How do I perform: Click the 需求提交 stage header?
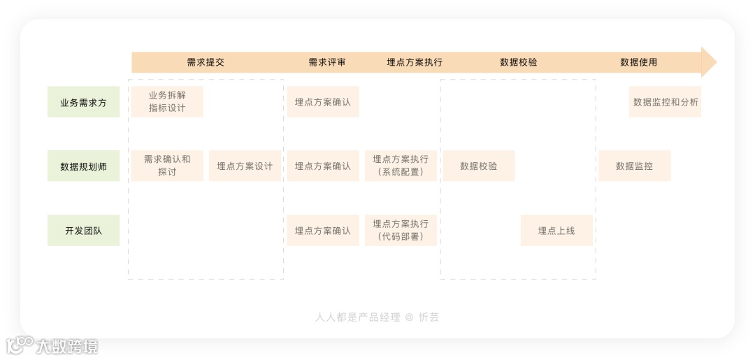tap(206, 62)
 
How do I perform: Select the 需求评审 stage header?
tap(327, 62)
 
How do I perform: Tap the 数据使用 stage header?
tap(639, 62)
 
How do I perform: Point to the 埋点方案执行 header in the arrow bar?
tap(415, 62)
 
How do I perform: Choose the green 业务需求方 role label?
tap(84, 102)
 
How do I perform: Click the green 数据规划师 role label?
tap(84, 166)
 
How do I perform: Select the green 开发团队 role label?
tap(84, 231)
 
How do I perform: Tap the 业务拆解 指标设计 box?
tap(167, 102)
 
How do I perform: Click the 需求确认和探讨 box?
tap(167, 166)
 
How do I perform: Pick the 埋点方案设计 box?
tap(245, 166)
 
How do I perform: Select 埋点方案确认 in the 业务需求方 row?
tap(323, 102)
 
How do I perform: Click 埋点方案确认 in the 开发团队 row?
tap(323, 231)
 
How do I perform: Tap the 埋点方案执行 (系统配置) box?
tap(401, 166)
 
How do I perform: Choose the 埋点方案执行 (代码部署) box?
tap(401, 230)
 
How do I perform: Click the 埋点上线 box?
tap(556, 231)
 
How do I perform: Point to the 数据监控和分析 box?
tap(666, 102)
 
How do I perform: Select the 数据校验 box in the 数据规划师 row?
tap(479, 166)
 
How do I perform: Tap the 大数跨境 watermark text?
tap(67, 346)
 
